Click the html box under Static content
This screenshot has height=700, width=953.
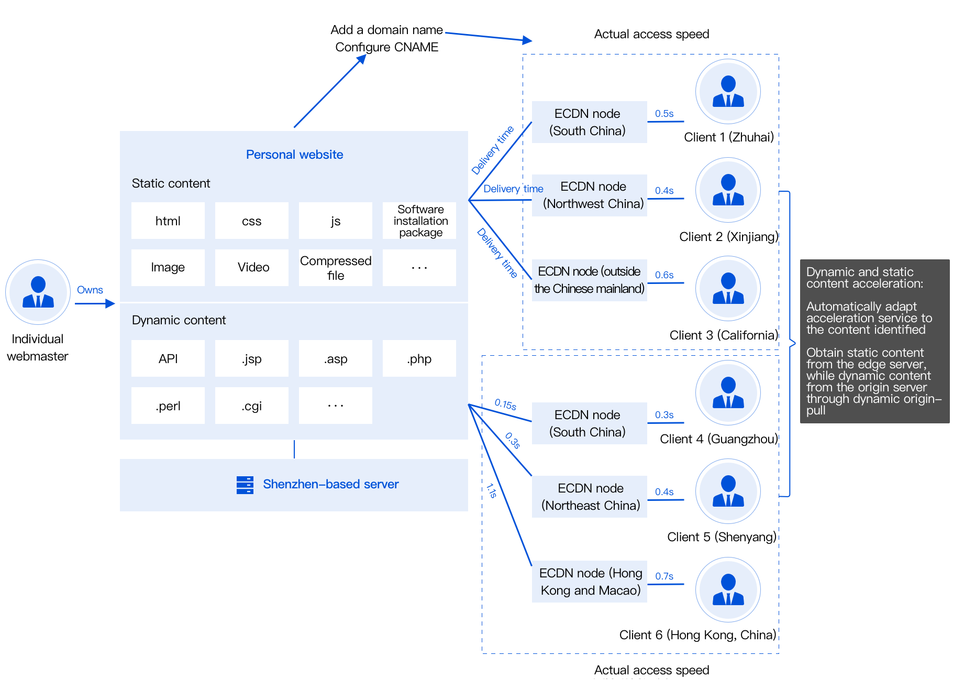pos(168,221)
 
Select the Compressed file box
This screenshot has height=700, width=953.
pos(335,268)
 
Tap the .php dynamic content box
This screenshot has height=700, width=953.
pos(419,358)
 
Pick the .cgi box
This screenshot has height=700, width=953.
pos(251,406)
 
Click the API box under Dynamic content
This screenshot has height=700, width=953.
pos(168,358)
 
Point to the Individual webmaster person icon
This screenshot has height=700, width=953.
pos(38,292)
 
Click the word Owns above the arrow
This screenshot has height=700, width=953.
pos(90,290)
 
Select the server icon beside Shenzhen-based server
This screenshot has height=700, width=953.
pos(245,485)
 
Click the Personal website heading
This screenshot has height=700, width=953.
pos(294,155)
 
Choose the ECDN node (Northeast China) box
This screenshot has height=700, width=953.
pos(590,497)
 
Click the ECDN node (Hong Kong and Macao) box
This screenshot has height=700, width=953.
pos(590,582)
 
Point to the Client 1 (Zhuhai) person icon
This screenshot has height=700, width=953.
pos(728,92)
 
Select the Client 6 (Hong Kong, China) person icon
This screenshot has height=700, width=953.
pos(728,590)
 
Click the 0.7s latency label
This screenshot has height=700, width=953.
pos(664,576)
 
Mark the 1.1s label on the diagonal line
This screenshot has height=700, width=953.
pos(491,490)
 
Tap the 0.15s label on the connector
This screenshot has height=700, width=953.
pos(505,404)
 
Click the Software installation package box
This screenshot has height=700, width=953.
pos(420,221)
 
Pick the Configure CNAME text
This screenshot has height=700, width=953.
pos(386,47)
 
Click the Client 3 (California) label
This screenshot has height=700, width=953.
pos(723,335)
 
